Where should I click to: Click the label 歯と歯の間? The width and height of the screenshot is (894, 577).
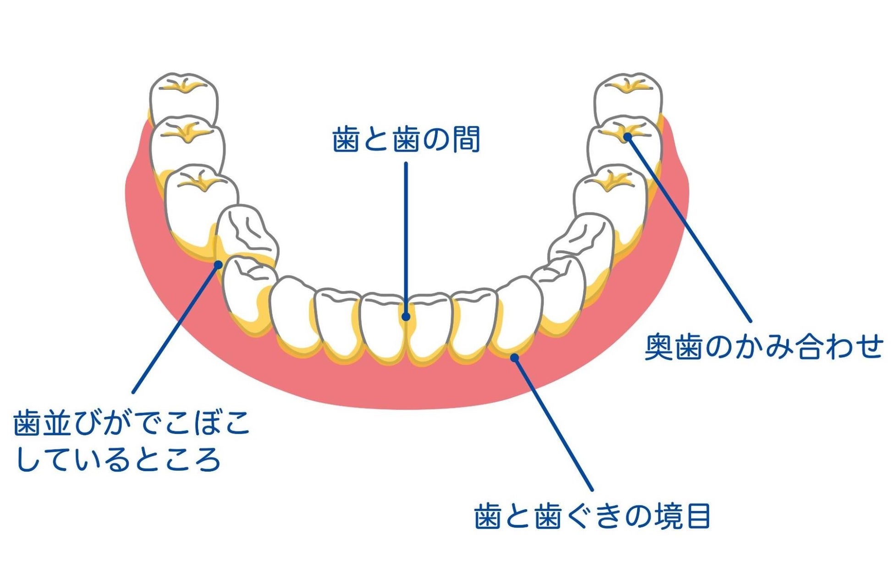(406, 140)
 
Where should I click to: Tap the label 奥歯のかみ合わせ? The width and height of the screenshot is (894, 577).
(764, 347)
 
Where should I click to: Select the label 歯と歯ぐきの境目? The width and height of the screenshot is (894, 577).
(592, 517)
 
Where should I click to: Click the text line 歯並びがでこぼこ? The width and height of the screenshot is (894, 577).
(132, 423)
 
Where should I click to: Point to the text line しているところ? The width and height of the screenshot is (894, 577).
(118, 459)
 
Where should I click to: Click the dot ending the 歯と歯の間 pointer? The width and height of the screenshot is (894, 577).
(406, 316)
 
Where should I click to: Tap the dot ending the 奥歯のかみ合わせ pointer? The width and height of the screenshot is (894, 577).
(628, 136)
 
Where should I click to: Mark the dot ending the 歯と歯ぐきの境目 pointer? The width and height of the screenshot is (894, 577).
(515, 357)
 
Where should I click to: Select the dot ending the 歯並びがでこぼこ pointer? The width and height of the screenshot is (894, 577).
(219, 264)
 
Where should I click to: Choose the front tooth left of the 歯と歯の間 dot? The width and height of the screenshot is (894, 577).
(383, 327)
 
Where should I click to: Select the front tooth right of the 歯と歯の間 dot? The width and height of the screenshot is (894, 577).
(429, 327)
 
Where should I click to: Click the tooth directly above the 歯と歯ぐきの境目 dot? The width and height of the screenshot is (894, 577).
(518, 316)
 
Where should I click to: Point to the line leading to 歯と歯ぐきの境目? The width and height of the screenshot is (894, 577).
(553, 424)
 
